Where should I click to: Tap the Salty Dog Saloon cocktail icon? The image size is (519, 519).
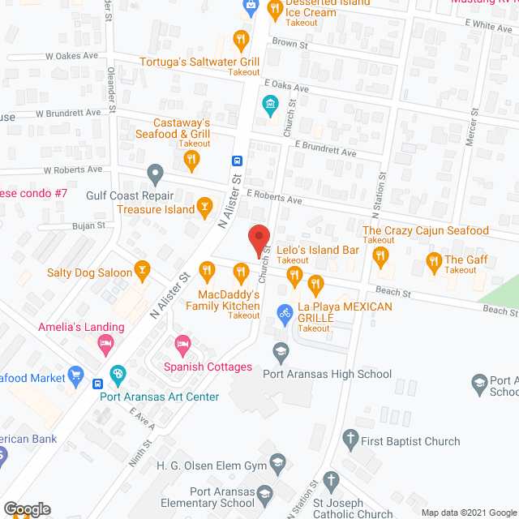click(143, 272)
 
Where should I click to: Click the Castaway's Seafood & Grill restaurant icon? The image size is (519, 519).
click(191, 161)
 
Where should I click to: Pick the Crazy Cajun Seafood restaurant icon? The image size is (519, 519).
click(380, 256)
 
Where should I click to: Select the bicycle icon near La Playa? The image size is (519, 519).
click(284, 312)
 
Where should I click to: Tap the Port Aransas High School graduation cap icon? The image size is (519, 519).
click(281, 351)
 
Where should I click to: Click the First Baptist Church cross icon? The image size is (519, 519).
click(350, 441)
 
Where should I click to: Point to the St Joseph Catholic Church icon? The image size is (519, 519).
click(331, 479)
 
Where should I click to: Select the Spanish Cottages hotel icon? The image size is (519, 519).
click(183, 349)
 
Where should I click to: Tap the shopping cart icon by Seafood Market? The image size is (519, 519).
click(77, 375)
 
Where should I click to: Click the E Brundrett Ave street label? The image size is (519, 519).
click(325, 152)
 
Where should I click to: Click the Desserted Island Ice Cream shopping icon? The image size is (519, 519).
click(251, 6)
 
